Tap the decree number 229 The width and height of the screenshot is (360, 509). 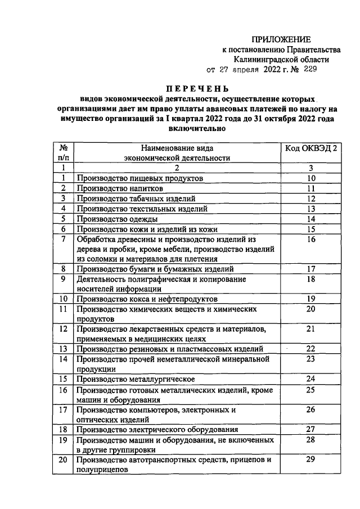click(310, 70)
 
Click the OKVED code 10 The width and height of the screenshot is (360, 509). click(310, 178)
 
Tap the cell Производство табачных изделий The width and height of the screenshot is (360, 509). click(136, 199)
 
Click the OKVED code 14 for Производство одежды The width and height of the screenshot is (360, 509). click(310, 219)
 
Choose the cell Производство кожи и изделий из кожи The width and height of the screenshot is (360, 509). click(146, 229)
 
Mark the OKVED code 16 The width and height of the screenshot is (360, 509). click(310, 239)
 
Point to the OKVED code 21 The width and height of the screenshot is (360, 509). click(310, 328)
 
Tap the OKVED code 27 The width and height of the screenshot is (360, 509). click(310, 429)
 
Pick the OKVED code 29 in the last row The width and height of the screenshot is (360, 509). click(310, 460)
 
